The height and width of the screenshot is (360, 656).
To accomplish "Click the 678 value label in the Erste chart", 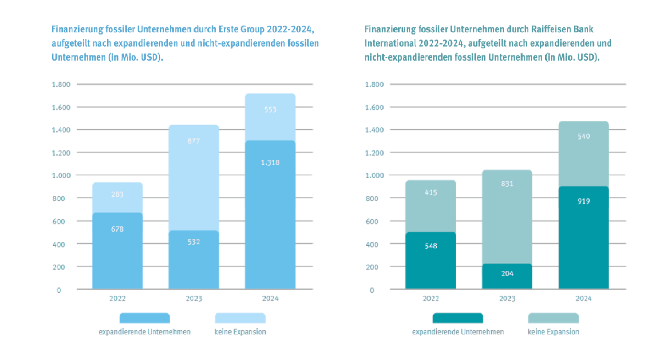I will click(117, 229).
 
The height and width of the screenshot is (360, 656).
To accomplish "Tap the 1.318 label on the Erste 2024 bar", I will click(270, 163).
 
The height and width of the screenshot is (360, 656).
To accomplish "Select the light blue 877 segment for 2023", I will click(194, 175).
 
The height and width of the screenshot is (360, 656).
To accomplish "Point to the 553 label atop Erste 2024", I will click(270, 109).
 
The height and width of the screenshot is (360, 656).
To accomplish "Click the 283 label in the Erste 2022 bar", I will click(117, 194).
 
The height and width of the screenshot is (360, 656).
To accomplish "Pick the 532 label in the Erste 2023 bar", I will click(194, 242).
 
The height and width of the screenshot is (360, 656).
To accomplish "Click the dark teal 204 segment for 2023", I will click(507, 276).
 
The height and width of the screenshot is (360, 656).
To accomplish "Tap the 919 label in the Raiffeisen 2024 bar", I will click(583, 201).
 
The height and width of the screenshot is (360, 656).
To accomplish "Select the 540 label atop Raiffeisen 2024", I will click(583, 136).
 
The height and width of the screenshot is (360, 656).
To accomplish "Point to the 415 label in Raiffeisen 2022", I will click(431, 192).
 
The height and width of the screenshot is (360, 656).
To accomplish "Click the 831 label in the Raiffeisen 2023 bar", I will click(507, 184).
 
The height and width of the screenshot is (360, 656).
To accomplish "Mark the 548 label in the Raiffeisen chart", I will click(431, 246).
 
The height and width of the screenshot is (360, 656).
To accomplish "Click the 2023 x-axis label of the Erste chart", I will click(194, 298).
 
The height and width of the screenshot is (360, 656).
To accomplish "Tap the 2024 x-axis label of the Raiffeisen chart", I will click(583, 298).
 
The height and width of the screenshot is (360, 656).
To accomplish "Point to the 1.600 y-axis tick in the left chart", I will click(61, 107).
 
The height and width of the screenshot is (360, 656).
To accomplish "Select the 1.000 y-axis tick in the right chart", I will click(374, 175).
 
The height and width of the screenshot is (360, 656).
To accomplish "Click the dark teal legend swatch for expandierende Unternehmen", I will click(458, 318).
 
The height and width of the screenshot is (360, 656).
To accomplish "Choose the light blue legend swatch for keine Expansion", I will click(240, 318).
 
